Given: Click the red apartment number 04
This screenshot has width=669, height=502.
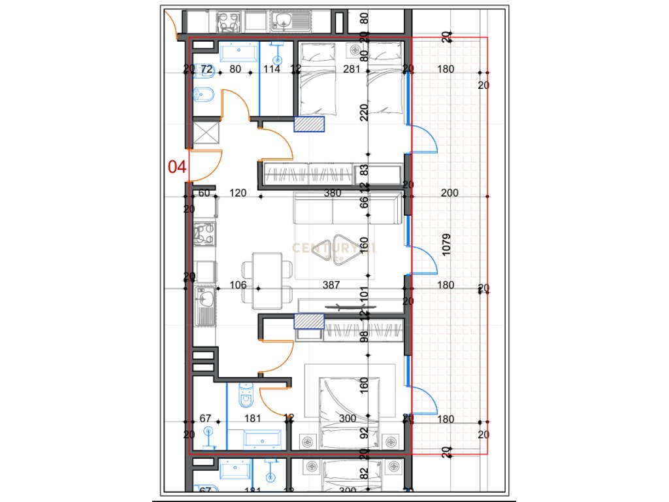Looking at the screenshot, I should click(177, 167).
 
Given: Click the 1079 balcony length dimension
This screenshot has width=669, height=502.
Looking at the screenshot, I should click(446, 243).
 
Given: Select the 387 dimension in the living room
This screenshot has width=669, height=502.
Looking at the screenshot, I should click(333, 285).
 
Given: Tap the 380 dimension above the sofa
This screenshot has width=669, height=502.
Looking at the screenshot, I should click(333, 193).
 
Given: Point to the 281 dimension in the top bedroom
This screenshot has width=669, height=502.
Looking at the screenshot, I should click(352, 69).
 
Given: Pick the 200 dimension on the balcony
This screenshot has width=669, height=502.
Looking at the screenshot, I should click(449, 193).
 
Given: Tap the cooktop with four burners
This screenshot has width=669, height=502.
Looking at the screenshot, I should click(205, 234).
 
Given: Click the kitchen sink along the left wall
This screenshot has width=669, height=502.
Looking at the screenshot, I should click(204, 305).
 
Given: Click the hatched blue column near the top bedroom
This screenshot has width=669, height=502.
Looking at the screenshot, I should click(309, 124).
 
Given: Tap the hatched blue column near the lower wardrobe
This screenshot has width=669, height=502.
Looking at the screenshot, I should click(309, 321).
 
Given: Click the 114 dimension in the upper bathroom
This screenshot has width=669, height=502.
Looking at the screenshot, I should click(272, 69).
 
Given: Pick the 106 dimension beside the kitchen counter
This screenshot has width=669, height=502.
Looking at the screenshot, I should click(238, 285).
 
